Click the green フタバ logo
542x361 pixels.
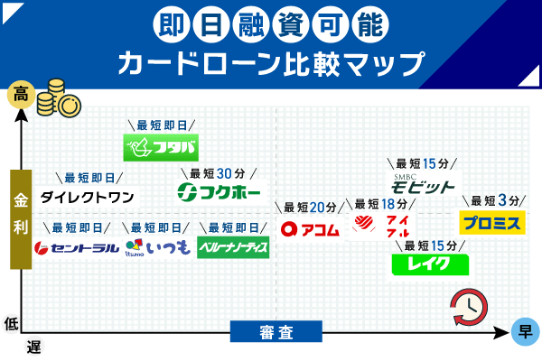pos(161,147)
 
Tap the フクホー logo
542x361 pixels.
pos(219,192)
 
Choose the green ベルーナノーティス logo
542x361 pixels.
pos(233,246)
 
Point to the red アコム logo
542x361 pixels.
pos(310,229)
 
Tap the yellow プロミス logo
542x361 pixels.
pos(491,222)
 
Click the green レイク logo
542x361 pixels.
pos(430,264)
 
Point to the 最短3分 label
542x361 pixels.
pos(494,200)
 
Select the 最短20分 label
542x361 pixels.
pos(309,208)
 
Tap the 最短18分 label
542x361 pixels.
pos(379,204)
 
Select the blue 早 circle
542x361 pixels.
pos(523,331)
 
